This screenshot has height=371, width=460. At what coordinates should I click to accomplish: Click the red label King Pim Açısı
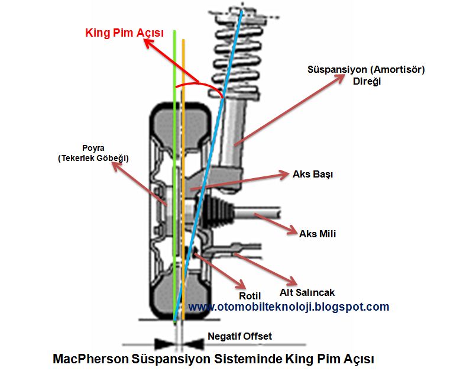124,33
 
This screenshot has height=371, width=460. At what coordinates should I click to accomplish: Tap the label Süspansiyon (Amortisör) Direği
366,75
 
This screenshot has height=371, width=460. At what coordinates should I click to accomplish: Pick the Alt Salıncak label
307,292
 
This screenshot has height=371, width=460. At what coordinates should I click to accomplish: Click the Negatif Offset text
239,336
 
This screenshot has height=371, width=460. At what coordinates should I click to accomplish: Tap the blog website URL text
289,307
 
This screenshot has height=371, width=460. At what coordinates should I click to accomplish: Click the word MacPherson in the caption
86,359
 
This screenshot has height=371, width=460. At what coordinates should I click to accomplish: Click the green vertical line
174,178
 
